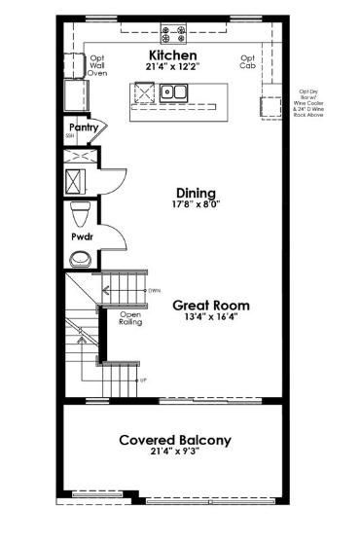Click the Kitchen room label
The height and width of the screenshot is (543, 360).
coord(173,56)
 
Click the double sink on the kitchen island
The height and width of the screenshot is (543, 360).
coord(176,93)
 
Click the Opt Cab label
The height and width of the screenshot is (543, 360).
coord(248,62)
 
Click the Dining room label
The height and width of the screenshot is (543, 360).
coord(196,193)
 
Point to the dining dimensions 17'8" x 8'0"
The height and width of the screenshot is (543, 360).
coord(196,205)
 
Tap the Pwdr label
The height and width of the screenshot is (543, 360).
coord(81,236)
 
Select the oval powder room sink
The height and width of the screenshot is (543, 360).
coord(80,259)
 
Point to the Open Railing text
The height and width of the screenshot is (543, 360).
coord(130,318)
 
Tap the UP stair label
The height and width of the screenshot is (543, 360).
coord(144,380)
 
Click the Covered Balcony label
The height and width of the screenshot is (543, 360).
coord(175,440)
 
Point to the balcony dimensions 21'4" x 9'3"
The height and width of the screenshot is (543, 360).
coord(175,453)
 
